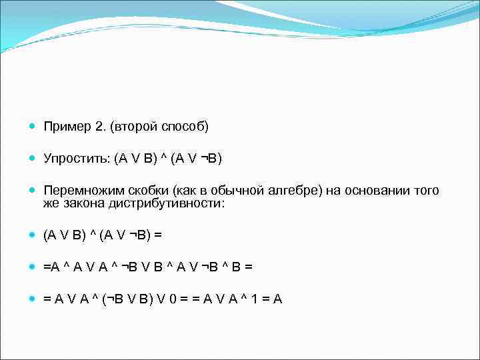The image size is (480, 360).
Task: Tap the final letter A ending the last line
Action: [x=278, y=299]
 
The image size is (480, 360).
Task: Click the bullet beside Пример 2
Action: [x=31, y=127]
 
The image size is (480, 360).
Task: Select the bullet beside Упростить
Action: [x=31, y=159]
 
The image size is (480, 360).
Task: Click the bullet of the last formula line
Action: [x=31, y=299]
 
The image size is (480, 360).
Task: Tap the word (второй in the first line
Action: [x=135, y=127]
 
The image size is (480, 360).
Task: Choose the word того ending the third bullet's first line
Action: [x=424, y=191]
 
